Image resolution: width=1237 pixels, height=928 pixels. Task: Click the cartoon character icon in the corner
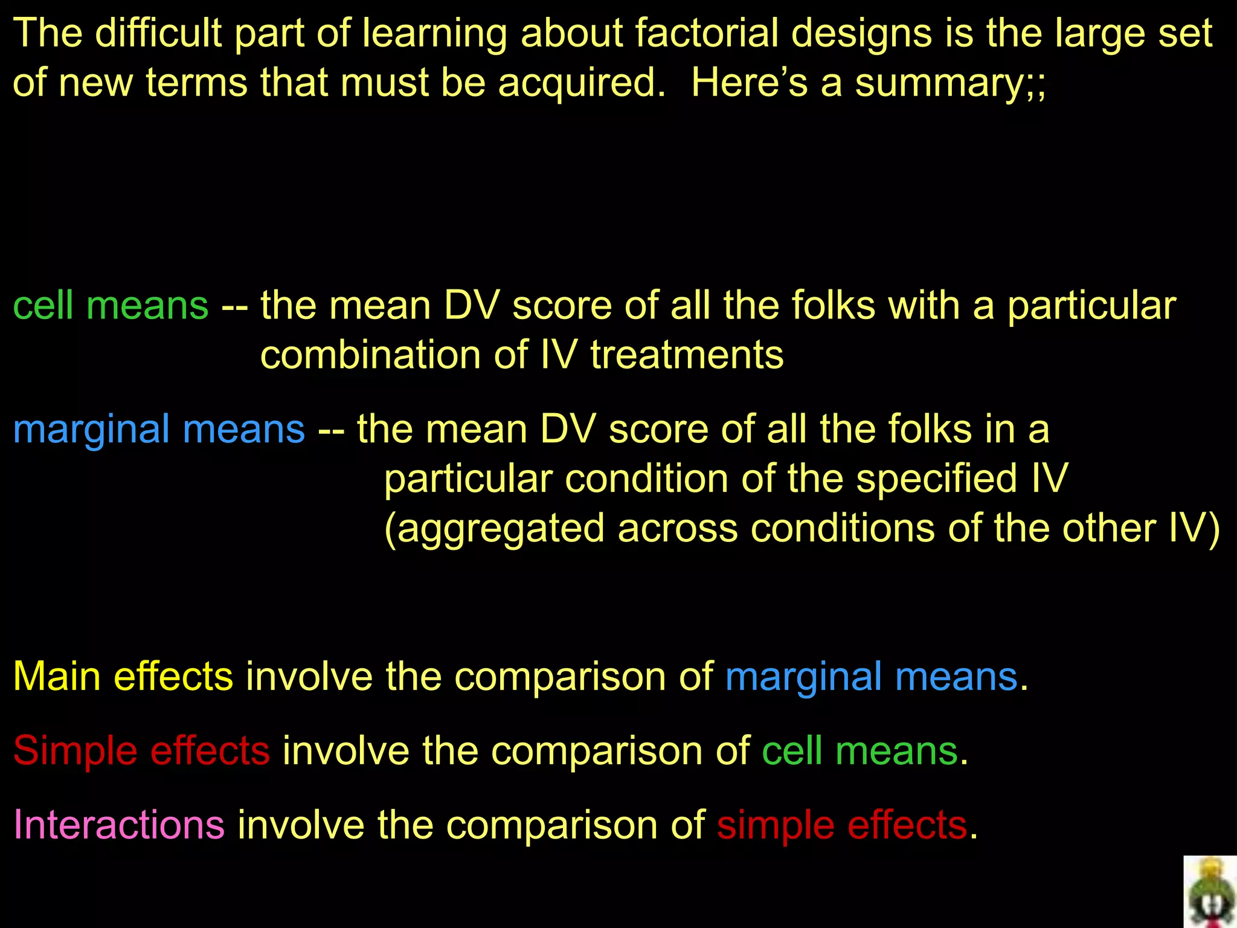(1210, 892)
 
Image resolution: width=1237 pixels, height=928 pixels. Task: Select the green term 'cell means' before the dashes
(111, 305)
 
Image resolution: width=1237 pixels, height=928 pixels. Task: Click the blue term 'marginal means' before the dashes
(159, 430)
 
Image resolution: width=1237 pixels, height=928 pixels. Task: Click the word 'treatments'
(687, 355)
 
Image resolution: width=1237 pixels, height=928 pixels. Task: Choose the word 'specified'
(937, 479)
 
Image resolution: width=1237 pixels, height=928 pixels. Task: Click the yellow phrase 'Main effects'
(123, 676)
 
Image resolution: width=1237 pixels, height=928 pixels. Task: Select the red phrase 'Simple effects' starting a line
(141, 750)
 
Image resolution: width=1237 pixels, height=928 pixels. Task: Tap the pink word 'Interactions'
(119, 825)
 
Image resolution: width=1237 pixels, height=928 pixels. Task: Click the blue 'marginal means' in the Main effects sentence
(871, 676)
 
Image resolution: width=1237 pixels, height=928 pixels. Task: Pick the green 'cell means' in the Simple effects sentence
(859, 750)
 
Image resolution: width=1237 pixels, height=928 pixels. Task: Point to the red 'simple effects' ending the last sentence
(842, 825)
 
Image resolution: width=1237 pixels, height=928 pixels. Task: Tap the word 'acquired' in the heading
(580, 83)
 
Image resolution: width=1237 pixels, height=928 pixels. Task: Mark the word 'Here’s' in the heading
(749, 83)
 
